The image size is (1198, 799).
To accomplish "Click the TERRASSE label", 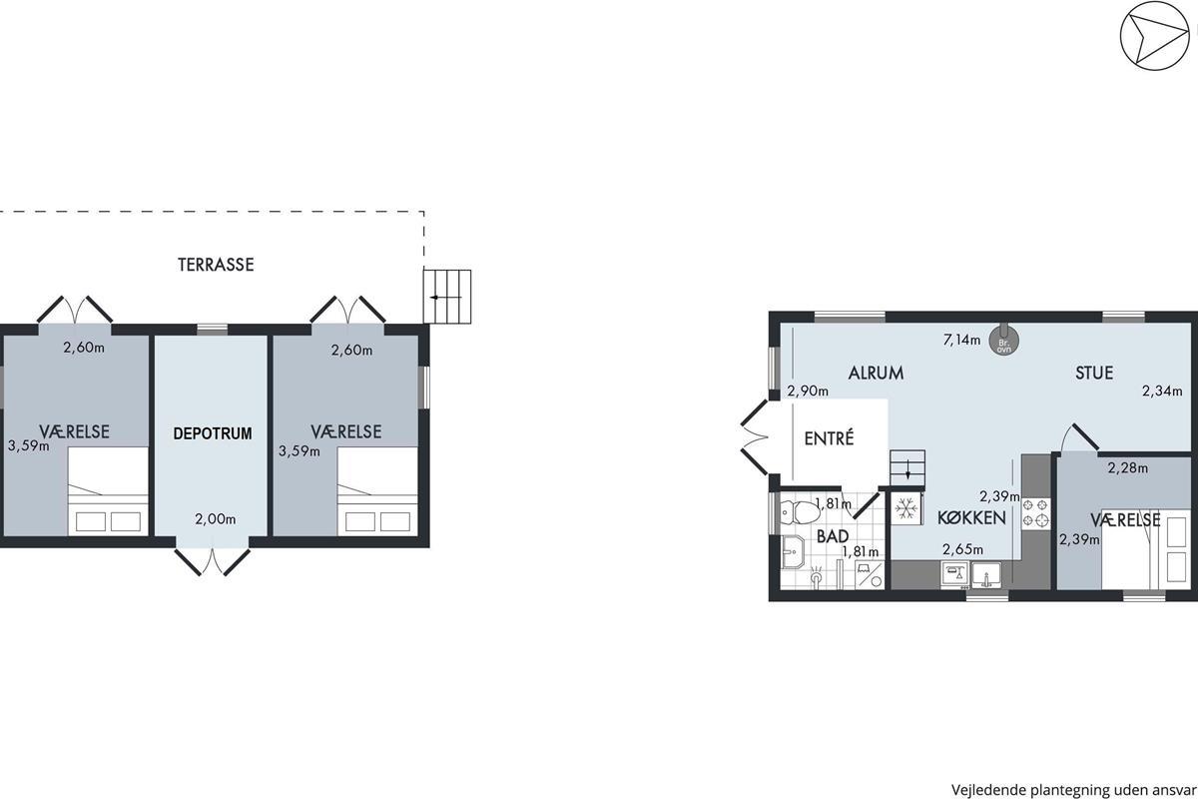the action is point(216,265).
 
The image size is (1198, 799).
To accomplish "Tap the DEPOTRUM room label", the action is point(213,433).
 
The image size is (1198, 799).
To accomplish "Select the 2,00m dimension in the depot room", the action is point(215,519).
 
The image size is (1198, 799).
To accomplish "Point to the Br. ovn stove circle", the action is point(1003,341).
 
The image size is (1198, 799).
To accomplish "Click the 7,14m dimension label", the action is point(962,340).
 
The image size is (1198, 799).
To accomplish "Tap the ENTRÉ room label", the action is point(829,438).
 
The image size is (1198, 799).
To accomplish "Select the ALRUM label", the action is point(877,373).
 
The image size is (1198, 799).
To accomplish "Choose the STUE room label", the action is point(1094,373).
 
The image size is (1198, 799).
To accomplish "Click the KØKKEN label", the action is point(971,518).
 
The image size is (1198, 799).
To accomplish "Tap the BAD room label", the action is point(833,536).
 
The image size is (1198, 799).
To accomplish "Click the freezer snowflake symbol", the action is point(906,508).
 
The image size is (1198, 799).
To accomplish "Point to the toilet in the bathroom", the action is point(800,512).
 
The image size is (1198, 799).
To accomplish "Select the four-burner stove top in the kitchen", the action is point(1036,513).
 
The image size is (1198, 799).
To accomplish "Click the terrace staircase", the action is point(447,297).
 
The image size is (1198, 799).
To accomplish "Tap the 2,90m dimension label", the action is point(808,392).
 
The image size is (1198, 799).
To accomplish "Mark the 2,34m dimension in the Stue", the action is point(1162,392).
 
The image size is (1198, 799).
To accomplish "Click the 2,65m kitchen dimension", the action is point(962,549).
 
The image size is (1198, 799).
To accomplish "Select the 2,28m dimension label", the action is point(1127,468).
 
